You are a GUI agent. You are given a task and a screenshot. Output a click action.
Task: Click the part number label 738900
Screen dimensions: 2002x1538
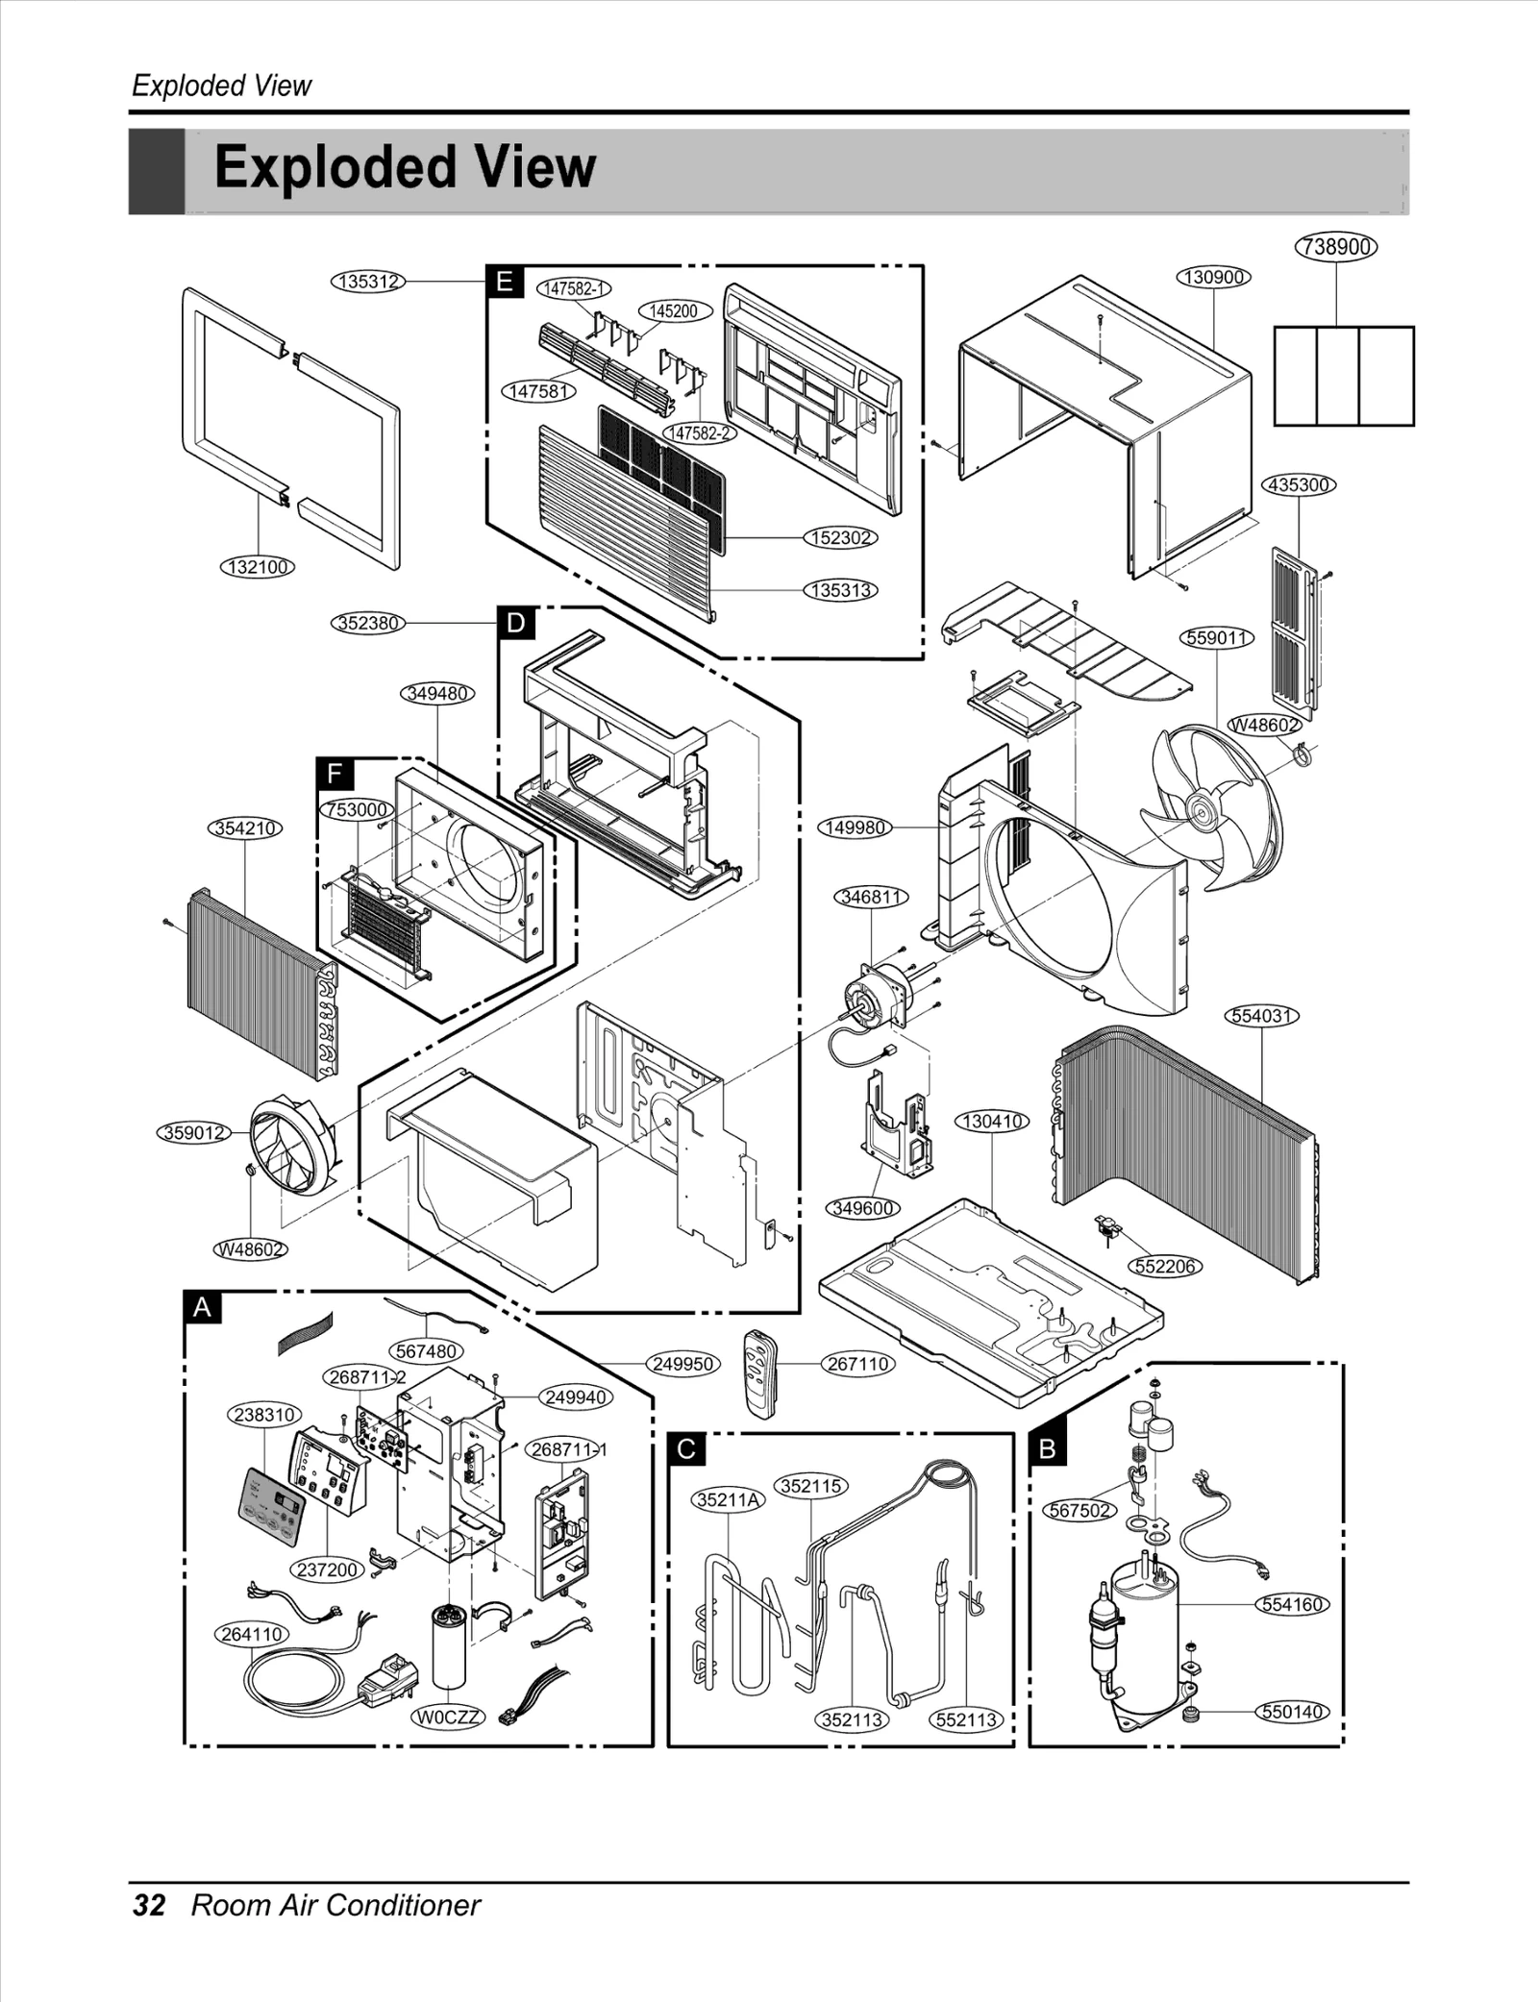1335,247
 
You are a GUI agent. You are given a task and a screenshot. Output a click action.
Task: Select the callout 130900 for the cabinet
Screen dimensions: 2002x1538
1214,277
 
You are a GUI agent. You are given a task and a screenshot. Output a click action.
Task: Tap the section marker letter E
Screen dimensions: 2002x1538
504,282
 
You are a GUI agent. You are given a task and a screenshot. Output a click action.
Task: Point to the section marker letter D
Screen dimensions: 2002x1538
516,623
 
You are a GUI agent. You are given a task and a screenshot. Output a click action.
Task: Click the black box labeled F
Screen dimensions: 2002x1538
335,774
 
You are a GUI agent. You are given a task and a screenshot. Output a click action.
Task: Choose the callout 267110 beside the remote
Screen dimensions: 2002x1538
858,1364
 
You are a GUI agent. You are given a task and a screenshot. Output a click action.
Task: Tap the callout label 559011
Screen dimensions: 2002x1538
1216,638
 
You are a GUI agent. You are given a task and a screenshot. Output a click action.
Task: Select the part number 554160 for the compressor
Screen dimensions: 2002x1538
1293,1604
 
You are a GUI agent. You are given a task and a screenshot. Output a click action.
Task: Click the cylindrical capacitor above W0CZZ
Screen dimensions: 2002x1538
449,1647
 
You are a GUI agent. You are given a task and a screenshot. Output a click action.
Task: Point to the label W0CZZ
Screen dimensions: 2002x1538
449,1718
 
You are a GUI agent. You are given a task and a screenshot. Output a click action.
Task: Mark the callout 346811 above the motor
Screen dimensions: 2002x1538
870,897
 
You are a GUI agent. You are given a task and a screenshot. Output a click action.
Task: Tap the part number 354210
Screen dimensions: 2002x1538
245,828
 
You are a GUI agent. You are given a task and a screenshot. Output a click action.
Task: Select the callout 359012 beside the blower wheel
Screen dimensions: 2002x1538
193,1133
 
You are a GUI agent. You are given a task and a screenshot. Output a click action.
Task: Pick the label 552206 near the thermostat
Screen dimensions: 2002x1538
1164,1267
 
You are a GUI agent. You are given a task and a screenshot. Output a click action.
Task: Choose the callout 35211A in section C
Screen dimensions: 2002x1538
729,1500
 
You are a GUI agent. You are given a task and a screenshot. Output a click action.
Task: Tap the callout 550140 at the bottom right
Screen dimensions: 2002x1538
1293,1712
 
